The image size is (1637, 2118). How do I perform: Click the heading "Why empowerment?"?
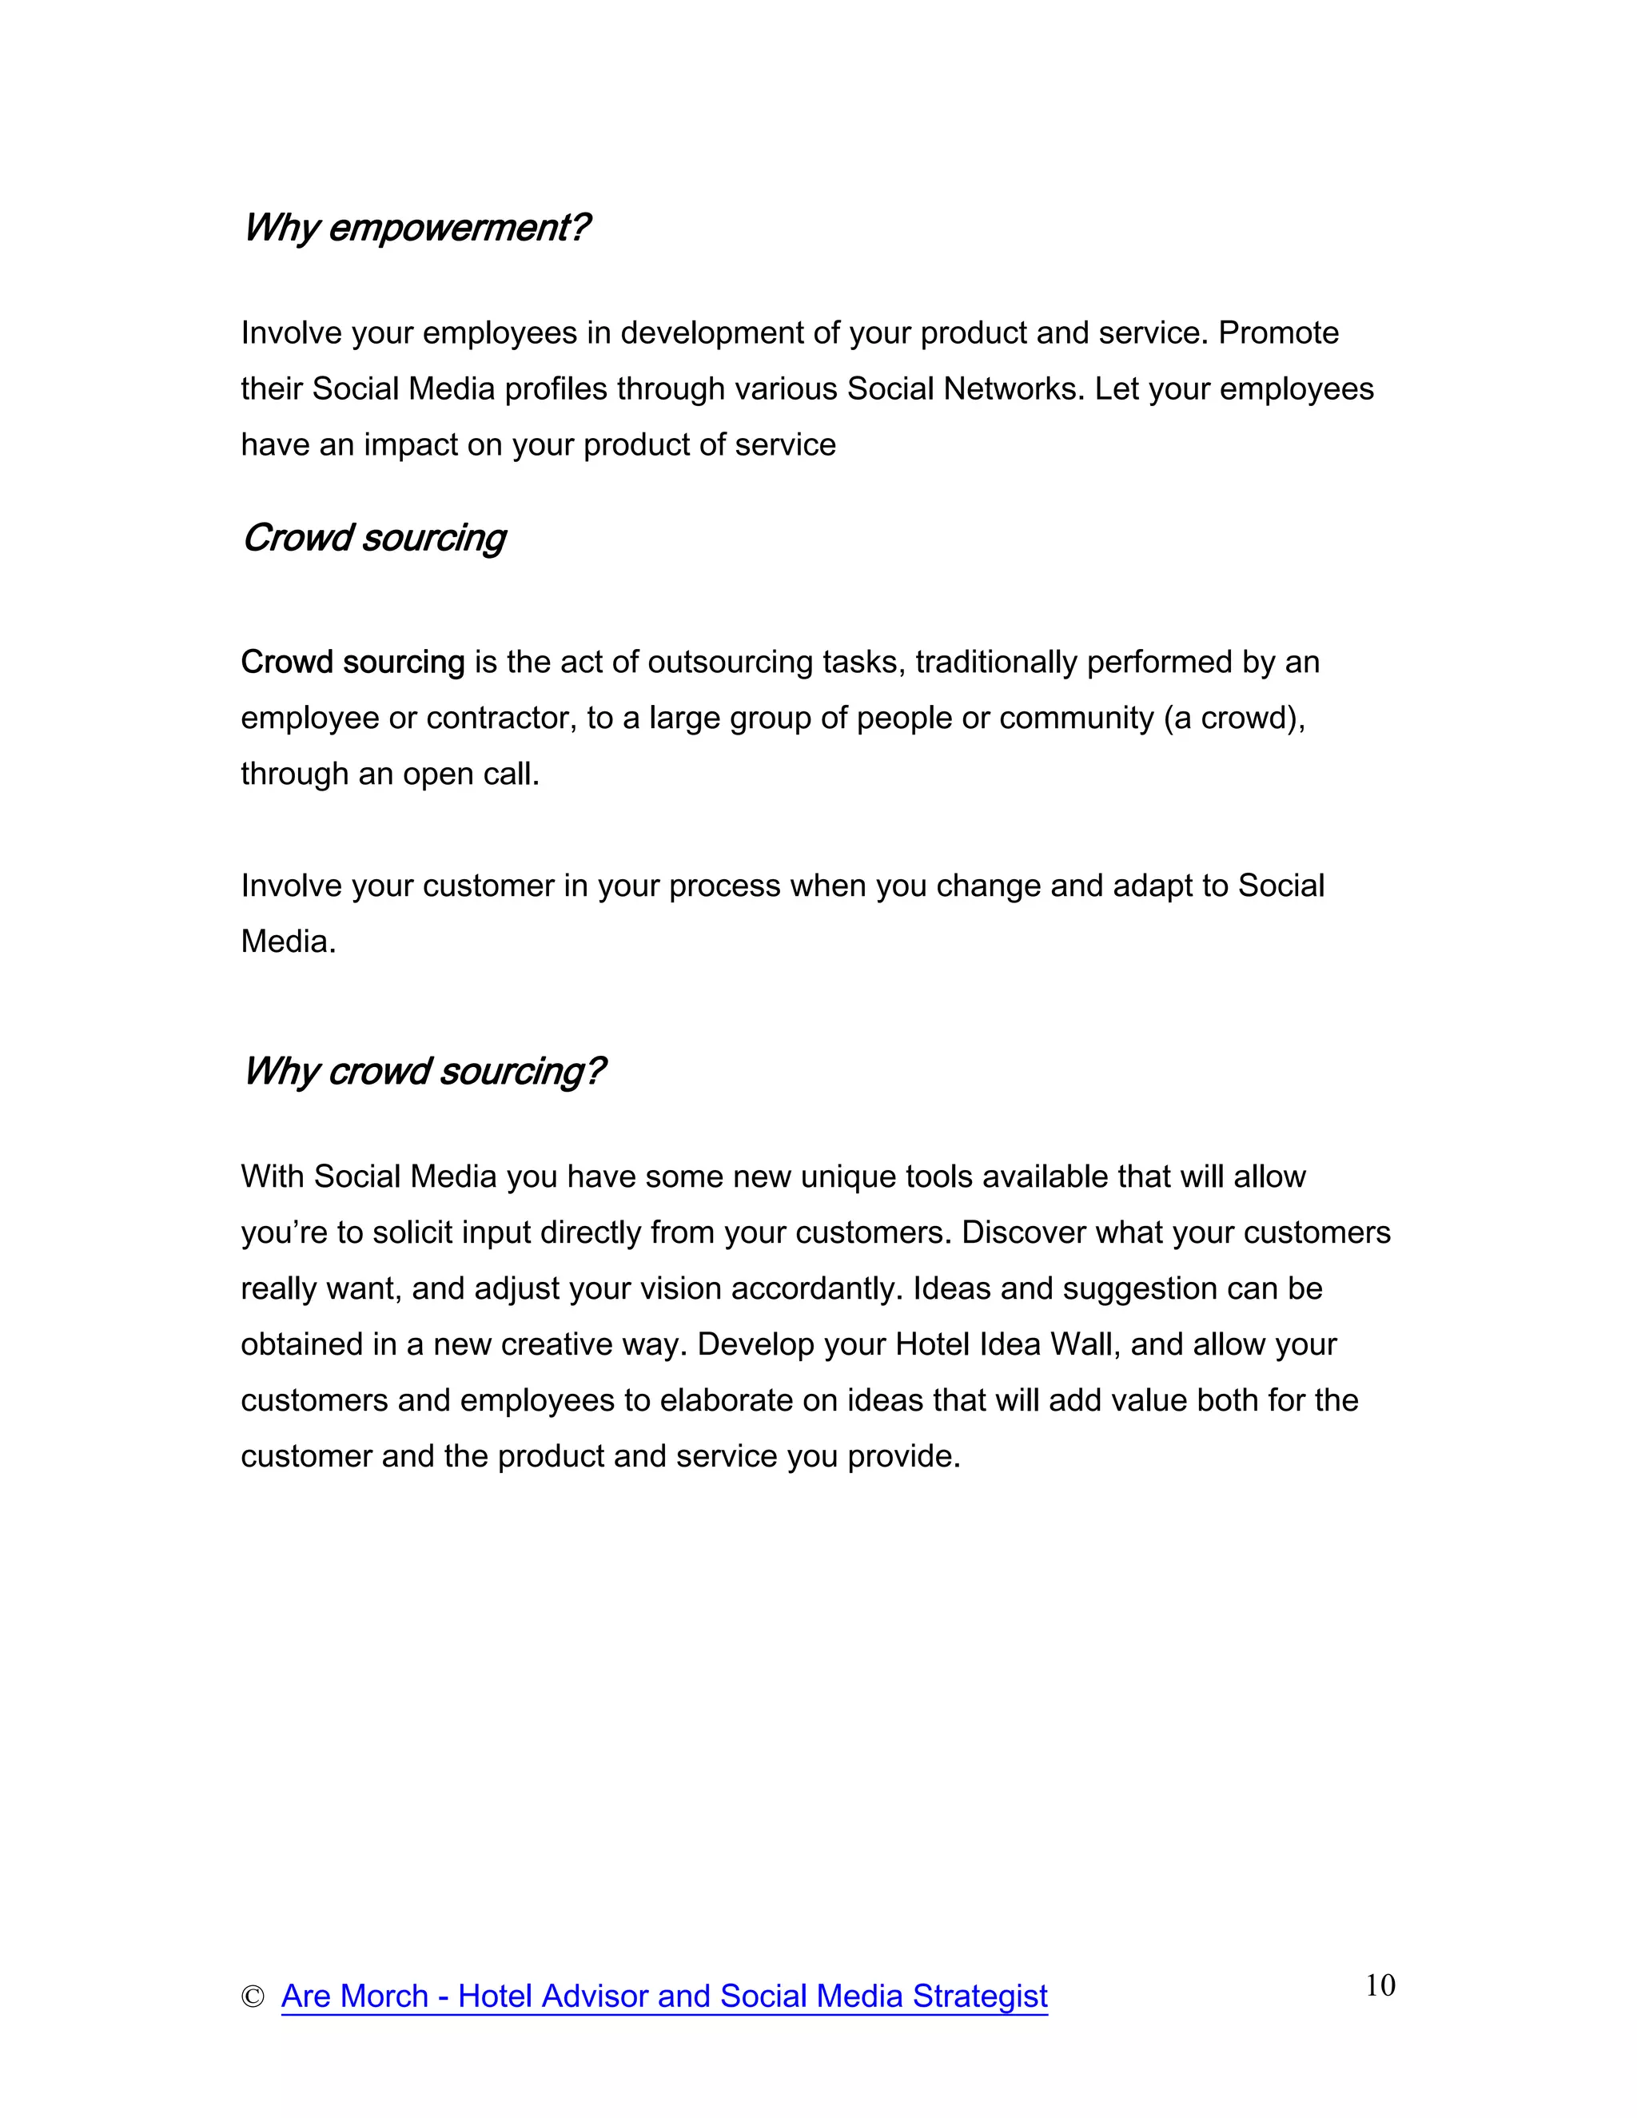point(416,228)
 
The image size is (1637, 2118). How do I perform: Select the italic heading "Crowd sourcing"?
point(374,538)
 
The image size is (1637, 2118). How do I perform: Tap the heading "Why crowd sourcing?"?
point(424,1072)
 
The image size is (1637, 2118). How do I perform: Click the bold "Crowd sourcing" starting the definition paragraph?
point(353,663)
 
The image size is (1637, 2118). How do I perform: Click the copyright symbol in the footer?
point(252,1997)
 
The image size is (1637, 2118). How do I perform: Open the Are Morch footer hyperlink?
point(664,1997)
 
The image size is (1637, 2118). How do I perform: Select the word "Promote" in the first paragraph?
point(1278,332)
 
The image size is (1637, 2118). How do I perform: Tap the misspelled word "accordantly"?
point(817,1289)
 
